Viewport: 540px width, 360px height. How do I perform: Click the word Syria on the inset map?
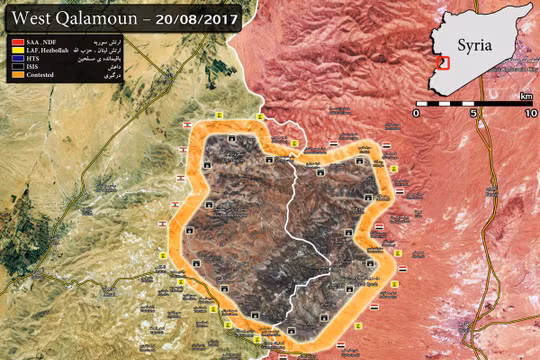(x=475, y=45)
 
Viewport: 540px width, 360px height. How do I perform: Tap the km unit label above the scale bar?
(x=526, y=96)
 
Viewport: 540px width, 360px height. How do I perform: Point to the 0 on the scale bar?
(x=420, y=113)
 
